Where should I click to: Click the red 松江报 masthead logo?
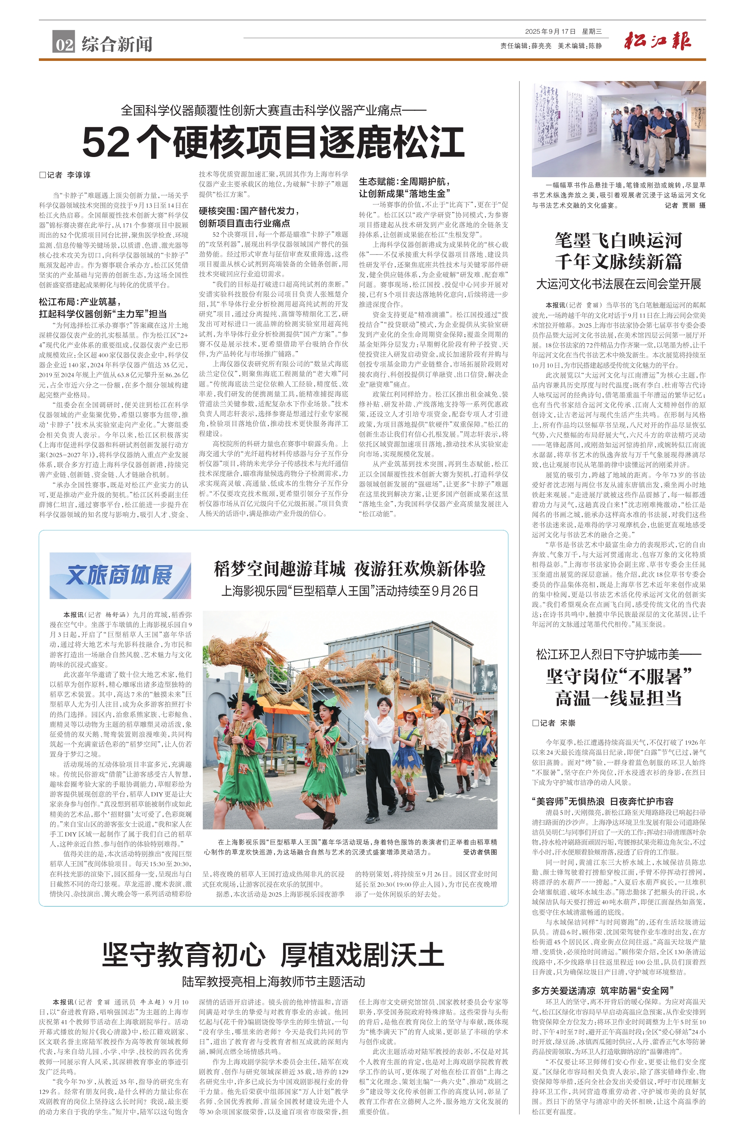click(658, 41)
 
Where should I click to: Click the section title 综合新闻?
click(117, 44)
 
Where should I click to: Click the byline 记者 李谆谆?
click(65, 175)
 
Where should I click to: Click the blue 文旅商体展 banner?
click(120, 575)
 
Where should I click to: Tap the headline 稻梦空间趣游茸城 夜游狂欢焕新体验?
click(349, 569)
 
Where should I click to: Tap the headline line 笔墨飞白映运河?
click(618, 240)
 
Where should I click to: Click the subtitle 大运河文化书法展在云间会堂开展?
click(618, 284)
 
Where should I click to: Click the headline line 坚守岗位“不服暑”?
click(618, 676)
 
